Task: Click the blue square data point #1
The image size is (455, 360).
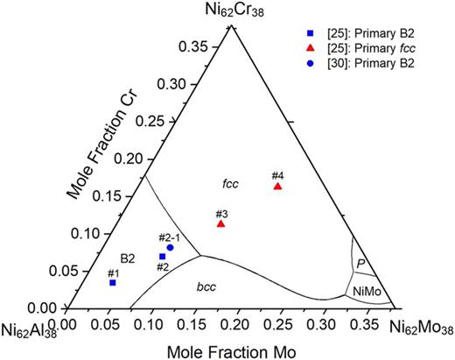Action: point(113,282)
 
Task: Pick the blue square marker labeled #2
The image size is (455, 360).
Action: point(163,256)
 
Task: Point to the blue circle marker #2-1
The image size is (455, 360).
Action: point(170,247)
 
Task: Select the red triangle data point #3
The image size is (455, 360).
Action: point(221,224)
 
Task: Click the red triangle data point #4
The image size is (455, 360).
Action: point(277,187)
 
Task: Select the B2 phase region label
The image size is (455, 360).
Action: point(127,258)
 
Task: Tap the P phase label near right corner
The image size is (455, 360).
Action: point(359,263)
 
